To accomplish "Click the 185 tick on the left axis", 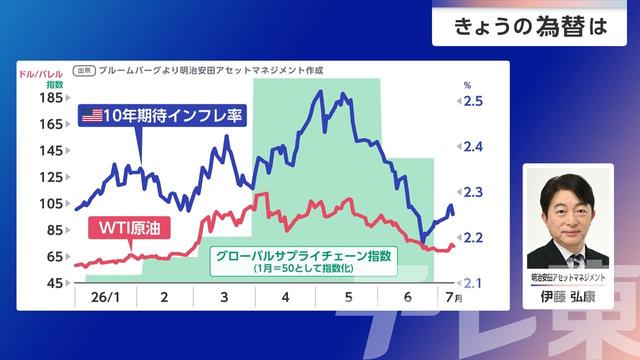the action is (51, 98).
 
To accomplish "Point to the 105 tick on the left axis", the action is (51, 203).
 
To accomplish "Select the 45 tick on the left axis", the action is (55, 282).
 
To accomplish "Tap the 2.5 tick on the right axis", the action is (473, 101).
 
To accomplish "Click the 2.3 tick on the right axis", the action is (473, 192).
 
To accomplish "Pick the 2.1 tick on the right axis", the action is (473, 283).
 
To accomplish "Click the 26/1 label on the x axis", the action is (105, 297).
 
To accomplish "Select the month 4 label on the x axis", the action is (285, 297).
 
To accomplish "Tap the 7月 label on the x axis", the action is (454, 297).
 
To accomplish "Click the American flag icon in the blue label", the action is (92, 116).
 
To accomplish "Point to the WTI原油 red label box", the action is (129, 228).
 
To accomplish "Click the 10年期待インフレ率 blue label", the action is (162, 116).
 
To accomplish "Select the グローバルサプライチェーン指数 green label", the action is (303, 256).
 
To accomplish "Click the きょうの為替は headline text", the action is (531, 27).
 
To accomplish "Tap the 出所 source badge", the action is (84, 71).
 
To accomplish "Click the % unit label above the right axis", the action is (467, 85).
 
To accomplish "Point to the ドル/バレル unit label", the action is (41, 74).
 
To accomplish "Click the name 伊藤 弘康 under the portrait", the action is (568, 297).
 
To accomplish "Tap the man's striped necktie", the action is (577, 260).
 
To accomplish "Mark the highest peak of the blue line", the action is (321, 91).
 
